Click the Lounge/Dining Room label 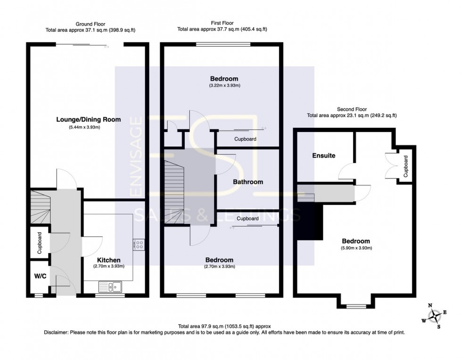88,120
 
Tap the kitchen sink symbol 110,286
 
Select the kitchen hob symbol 139,245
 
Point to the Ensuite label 323,155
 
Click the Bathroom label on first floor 248,181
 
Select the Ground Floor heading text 91,24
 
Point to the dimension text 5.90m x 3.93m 356,248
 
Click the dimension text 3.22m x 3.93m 224,85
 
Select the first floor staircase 174,191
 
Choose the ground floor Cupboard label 40,243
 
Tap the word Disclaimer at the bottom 56,332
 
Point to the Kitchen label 109,260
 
